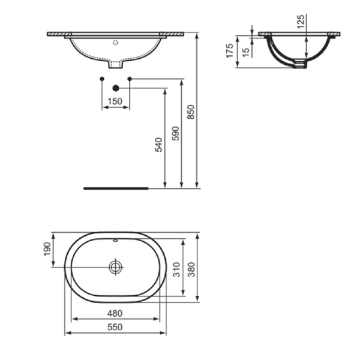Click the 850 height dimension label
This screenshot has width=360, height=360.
coord(191,112)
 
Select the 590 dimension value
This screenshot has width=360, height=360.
coord(175,133)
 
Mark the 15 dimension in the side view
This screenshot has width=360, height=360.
coord(246,52)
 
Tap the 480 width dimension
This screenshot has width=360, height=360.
coord(115,313)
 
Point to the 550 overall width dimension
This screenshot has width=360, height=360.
coord(115,326)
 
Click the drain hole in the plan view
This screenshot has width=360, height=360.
coord(115,266)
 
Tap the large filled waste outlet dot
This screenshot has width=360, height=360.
coord(116,88)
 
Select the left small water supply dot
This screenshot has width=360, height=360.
coord(101,79)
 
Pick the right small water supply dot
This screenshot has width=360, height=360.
coord(130,79)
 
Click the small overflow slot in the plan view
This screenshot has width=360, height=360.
coord(115,241)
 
